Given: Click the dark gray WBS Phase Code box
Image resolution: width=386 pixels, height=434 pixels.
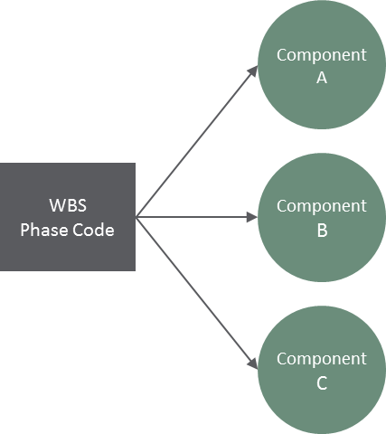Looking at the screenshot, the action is click(68, 217).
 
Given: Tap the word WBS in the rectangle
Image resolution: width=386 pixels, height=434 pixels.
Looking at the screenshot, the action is click(68, 205).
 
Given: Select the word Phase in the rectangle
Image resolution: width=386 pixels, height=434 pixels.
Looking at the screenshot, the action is click(44, 231).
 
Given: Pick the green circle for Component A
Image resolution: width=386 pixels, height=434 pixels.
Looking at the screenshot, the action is click(322, 65).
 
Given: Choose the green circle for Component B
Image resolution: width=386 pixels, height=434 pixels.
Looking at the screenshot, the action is click(322, 217).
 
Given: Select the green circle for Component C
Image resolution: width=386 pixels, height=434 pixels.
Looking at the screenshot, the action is click(322, 370).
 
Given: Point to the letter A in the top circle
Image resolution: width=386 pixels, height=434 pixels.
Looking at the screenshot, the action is click(322, 78).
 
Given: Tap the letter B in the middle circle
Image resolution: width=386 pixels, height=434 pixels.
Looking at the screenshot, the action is click(322, 231).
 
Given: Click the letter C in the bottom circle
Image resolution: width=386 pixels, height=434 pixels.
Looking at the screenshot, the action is click(322, 383).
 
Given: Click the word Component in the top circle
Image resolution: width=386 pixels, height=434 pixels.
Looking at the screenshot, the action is click(322, 55).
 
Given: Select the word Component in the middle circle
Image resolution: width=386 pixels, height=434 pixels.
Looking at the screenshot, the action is click(322, 206).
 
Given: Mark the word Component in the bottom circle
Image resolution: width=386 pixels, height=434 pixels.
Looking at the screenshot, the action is click(322, 359).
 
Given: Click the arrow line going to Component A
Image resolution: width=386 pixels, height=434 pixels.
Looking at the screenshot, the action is click(197, 141).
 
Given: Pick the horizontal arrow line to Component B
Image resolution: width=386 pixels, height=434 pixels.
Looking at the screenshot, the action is click(197, 217).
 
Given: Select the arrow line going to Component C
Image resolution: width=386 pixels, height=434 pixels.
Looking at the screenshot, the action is click(197, 293).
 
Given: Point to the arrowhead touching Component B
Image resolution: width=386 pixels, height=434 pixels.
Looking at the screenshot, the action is click(252, 217).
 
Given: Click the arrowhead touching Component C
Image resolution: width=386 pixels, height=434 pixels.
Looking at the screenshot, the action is click(253, 363).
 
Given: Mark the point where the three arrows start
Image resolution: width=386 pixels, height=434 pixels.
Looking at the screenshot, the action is click(136, 217).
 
